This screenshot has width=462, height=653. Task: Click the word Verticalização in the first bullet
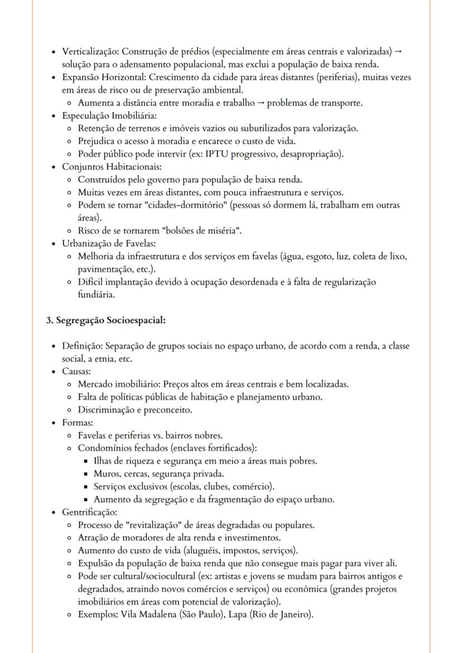pos(88,51)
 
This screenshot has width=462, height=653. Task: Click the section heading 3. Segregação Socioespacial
pos(105,320)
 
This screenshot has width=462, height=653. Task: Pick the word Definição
pos(82,346)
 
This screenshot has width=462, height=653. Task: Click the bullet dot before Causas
pos(53,371)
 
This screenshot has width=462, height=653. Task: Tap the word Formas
pos(77,423)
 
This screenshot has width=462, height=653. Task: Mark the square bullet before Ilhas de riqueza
pos(87,461)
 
